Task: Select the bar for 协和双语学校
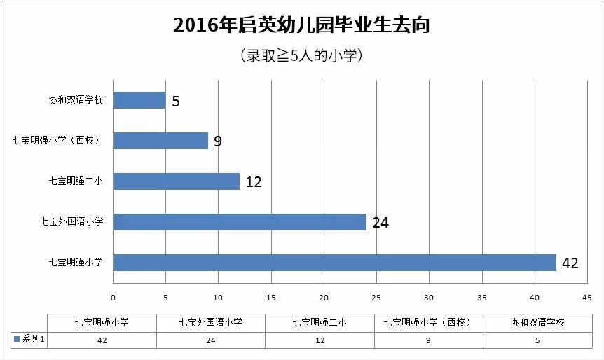click(x=139, y=100)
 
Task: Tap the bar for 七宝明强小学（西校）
click(x=160, y=141)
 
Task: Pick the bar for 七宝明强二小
click(x=176, y=181)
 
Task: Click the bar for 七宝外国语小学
click(x=240, y=222)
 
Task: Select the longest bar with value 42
click(x=334, y=263)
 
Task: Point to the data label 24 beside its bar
click(x=380, y=223)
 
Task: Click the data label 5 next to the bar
click(x=176, y=102)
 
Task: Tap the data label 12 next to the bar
click(x=253, y=182)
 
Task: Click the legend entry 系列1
click(x=30, y=340)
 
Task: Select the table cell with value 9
click(x=429, y=340)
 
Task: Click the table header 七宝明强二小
click(x=320, y=323)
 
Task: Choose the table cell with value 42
click(x=102, y=340)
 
